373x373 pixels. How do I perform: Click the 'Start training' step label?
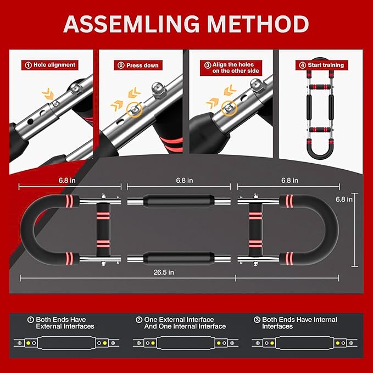pyautogui.click(x=321, y=65)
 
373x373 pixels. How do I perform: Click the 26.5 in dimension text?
pyautogui.click(x=164, y=272)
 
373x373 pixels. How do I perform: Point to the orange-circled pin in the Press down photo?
pyautogui.click(x=133, y=109)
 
